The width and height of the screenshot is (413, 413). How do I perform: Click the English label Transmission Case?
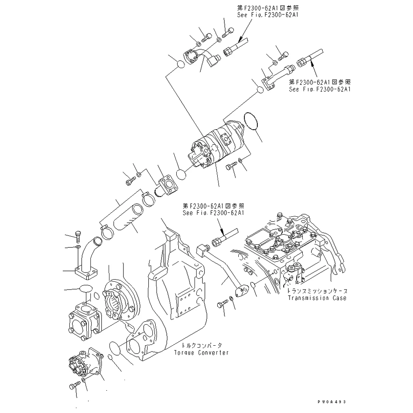pos(317,298)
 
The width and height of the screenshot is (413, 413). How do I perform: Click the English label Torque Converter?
pos(201,353)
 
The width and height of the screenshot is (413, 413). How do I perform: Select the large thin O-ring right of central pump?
pos(251,121)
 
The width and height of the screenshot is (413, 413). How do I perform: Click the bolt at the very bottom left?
pos(73,386)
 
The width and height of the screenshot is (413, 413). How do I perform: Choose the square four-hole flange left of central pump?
pos(169,184)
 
